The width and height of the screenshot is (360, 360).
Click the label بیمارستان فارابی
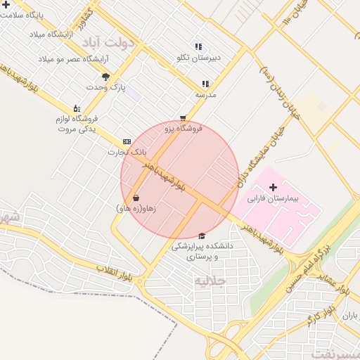tap(274, 199)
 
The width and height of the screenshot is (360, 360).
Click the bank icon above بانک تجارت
tap(127, 141)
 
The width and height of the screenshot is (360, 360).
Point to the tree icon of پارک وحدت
tap(105, 77)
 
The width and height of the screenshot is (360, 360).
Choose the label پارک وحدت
tap(105, 87)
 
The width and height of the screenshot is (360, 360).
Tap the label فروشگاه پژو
tap(184, 129)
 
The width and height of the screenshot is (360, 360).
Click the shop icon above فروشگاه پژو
tap(183, 118)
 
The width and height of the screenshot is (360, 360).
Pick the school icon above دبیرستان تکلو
tap(198, 46)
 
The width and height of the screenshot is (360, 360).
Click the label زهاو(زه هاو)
tap(135, 209)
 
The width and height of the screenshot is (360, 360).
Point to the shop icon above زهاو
tap(135, 198)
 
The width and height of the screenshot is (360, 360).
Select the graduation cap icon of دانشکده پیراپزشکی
tap(202, 236)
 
